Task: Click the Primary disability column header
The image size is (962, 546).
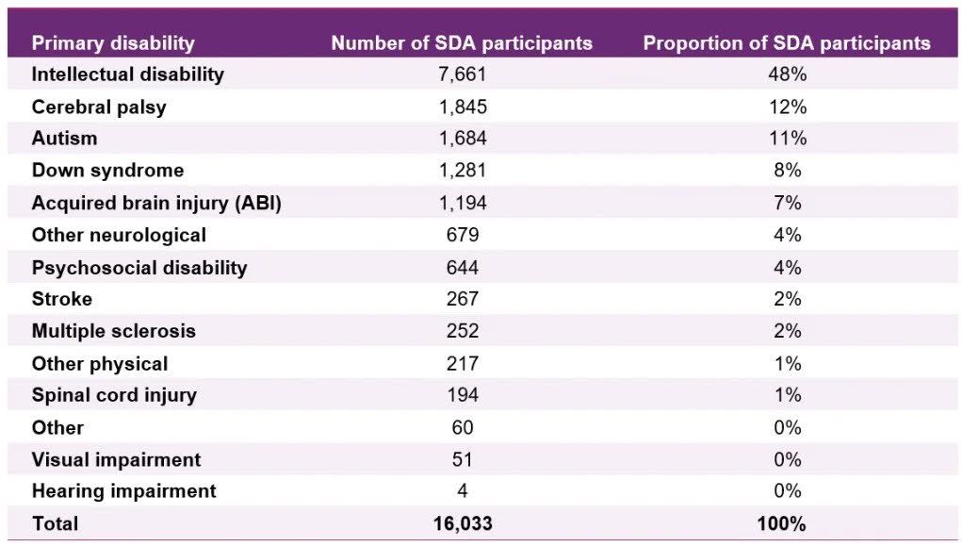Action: pyautogui.click(x=113, y=42)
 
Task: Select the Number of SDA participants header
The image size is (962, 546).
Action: pyautogui.click(x=462, y=42)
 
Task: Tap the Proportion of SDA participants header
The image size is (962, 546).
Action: pyautogui.click(x=787, y=42)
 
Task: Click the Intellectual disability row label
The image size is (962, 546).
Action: pyautogui.click(x=127, y=74)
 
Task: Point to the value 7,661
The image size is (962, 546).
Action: pyautogui.click(x=463, y=74)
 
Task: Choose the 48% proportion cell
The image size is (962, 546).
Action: pyautogui.click(x=787, y=74)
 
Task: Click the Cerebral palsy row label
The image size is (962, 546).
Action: pyautogui.click(x=99, y=107)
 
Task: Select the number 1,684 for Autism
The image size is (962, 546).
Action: pyautogui.click(x=463, y=139)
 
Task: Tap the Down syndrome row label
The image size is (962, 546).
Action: pyautogui.click(x=107, y=171)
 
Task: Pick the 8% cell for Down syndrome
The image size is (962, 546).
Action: pyautogui.click(x=787, y=171)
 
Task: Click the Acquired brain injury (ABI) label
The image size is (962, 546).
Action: pyautogui.click(x=156, y=203)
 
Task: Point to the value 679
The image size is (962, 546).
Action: pyautogui.click(x=463, y=235)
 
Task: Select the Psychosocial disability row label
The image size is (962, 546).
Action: pyautogui.click(x=139, y=267)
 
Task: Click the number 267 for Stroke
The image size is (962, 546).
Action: pyautogui.click(x=463, y=299)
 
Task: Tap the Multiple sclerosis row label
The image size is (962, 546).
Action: pyautogui.click(x=114, y=331)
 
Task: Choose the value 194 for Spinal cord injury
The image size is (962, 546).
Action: pyautogui.click(x=463, y=395)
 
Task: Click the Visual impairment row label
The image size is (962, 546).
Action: pyautogui.click(x=116, y=459)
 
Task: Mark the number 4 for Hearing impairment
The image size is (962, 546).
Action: pyautogui.click(x=463, y=491)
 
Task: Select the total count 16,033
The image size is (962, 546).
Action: pyautogui.click(x=463, y=523)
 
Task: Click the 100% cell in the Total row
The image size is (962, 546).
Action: pyautogui.click(x=787, y=523)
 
